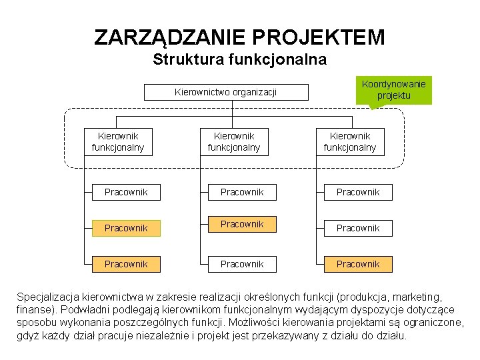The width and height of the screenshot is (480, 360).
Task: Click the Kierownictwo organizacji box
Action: [225, 92]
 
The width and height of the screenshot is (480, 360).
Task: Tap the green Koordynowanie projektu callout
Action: [393, 89]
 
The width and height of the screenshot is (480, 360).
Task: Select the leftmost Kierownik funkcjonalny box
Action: [117, 141]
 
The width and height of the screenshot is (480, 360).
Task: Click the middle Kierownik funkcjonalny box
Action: [233, 141]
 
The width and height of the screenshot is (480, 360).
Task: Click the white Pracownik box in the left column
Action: [126, 192]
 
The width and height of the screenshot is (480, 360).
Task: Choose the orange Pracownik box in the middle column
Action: [242, 224]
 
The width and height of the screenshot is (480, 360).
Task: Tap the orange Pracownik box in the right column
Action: [358, 264]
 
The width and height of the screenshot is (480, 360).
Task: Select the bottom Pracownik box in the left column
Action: [126, 264]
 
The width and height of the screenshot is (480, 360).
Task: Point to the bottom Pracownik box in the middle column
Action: [242, 264]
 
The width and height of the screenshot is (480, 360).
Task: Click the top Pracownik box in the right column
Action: [358, 192]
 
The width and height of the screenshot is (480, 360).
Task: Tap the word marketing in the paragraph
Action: [417, 296]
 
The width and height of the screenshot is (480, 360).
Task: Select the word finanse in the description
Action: [34, 309]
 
